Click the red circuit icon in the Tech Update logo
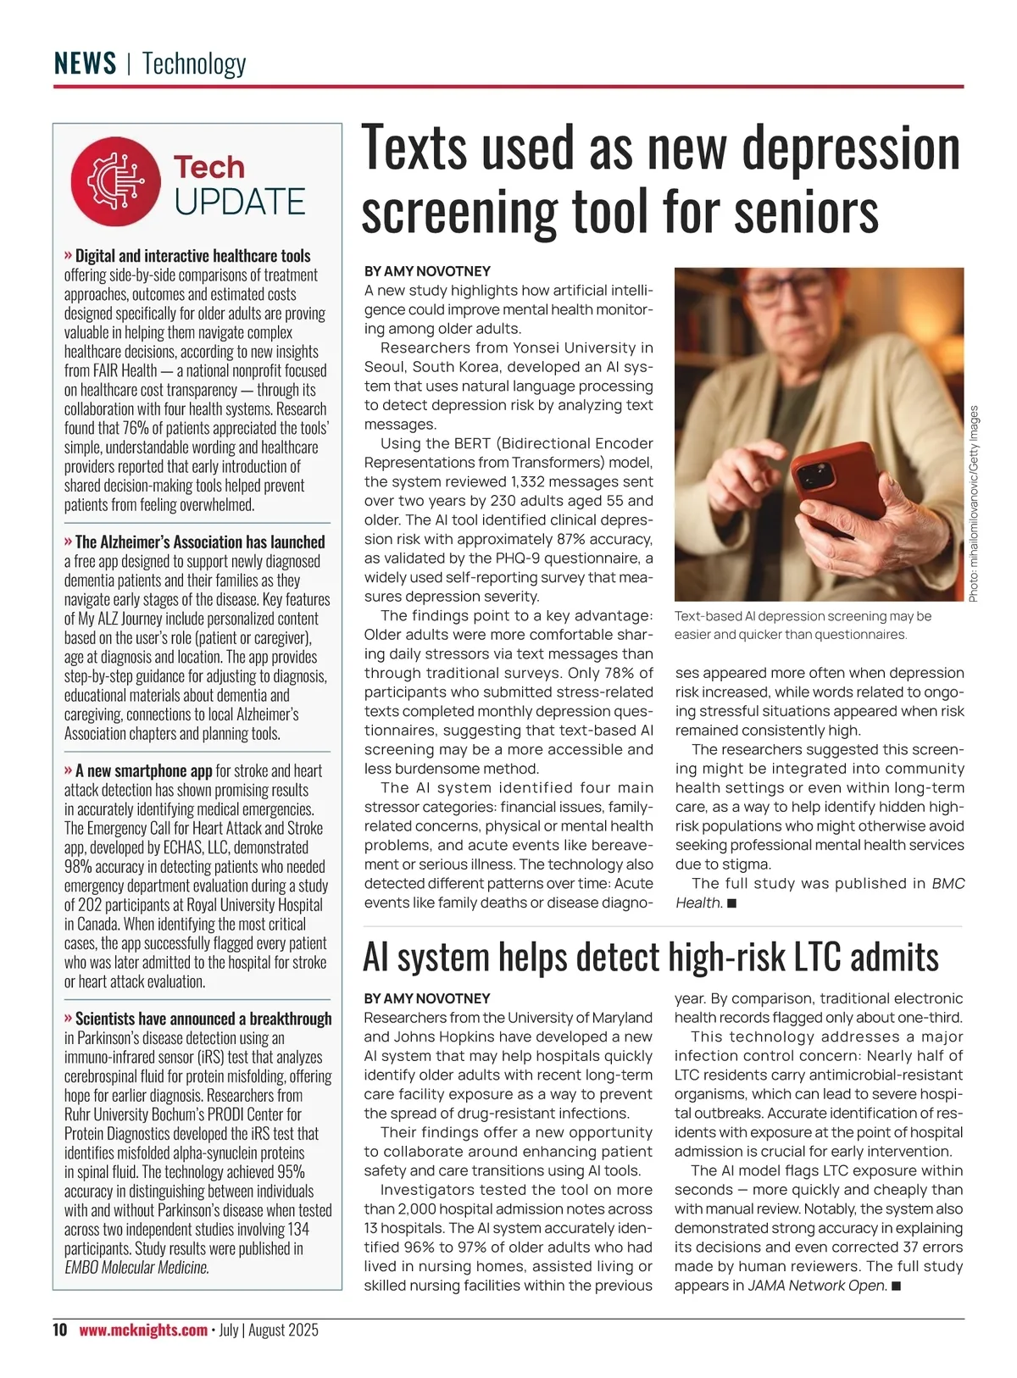coord(115,181)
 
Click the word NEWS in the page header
coord(85,64)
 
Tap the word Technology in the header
coord(194,64)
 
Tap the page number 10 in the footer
coord(59,1330)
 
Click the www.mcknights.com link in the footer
coord(143,1330)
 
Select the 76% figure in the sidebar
coord(136,428)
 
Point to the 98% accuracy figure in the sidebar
coord(77,866)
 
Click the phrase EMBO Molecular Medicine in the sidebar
coord(136,1268)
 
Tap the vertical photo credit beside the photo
coord(974,503)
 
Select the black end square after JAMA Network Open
coord(897,1286)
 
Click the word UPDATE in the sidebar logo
coord(240,202)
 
